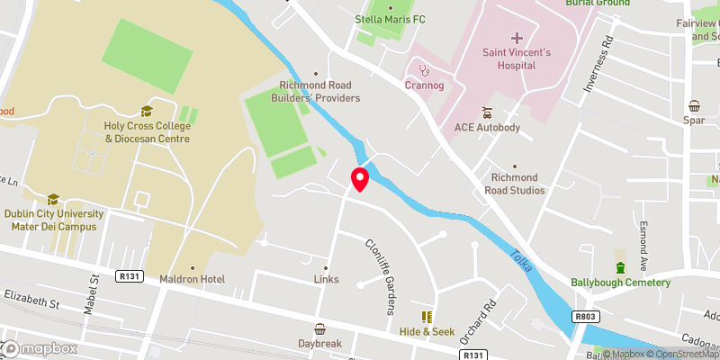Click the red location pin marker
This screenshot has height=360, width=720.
pos(360,179)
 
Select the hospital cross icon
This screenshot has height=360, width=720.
pos(516,38)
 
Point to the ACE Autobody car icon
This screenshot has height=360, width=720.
pos(487,112)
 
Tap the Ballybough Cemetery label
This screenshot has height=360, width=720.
pos(620,283)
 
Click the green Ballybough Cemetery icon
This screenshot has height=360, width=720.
pos(620,267)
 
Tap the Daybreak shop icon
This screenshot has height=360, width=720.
pos(320,328)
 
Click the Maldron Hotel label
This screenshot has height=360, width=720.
pos(192,280)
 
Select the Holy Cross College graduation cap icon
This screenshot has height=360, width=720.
pos(147,112)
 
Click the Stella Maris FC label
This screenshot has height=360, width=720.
pos(390,17)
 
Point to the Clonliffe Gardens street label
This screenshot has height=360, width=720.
pos(380,277)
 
